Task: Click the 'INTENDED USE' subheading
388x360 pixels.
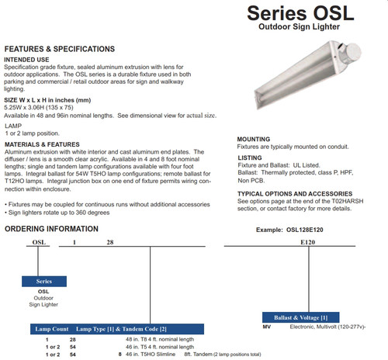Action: tap(27, 59)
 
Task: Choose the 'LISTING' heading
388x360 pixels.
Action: tap(248, 157)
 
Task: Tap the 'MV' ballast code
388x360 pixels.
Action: tap(267, 328)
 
